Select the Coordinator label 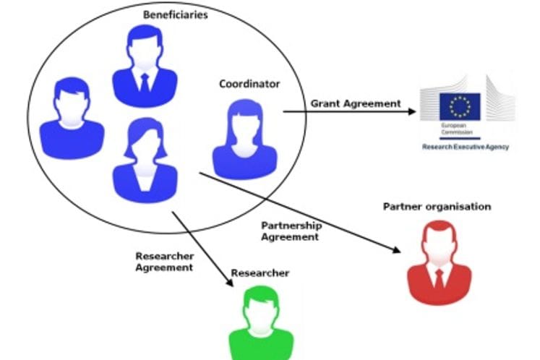coord(249,85)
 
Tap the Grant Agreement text coord(355,103)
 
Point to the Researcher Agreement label coord(164,261)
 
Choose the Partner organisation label coord(436,207)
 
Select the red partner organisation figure coord(439,264)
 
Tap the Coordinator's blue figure coord(245,141)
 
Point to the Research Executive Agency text coord(466,146)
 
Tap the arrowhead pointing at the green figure coord(230,284)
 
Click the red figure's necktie coord(439,279)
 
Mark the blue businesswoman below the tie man coord(145,163)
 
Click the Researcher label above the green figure coord(260,273)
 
